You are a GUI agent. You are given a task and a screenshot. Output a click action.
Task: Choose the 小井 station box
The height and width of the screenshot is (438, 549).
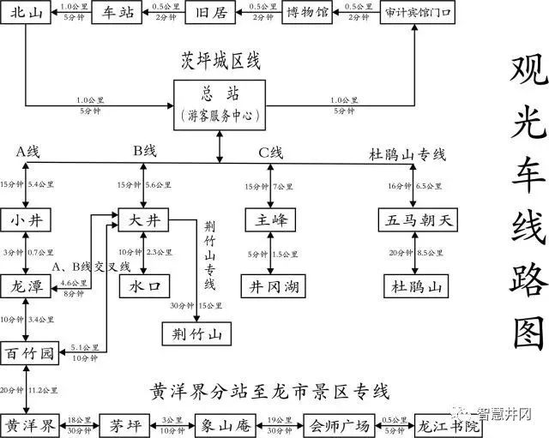(26, 220)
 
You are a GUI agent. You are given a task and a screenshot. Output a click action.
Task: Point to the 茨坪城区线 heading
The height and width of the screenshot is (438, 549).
(220, 61)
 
